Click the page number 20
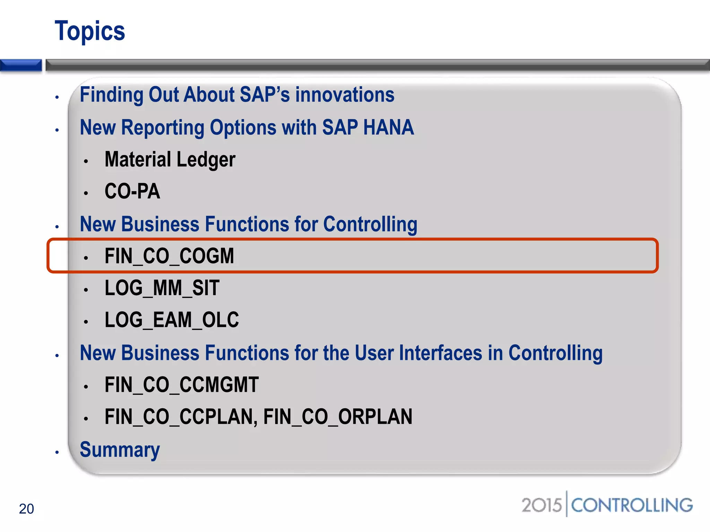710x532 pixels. coord(26,509)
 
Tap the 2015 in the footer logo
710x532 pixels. coord(541,505)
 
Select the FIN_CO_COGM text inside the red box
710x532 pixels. coord(169,256)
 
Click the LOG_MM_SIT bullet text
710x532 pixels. coord(162,288)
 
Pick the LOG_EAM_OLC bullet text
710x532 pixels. coord(172,320)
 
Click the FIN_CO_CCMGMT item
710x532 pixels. coord(182,385)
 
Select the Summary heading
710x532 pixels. coord(120,450)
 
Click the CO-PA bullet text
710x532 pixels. coord(132,191)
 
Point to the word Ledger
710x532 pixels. coord(206,160)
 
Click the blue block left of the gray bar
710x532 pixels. coord(21,65)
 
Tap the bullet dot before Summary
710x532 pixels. coord(57,452)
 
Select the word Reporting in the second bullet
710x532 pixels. coord(163,127)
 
